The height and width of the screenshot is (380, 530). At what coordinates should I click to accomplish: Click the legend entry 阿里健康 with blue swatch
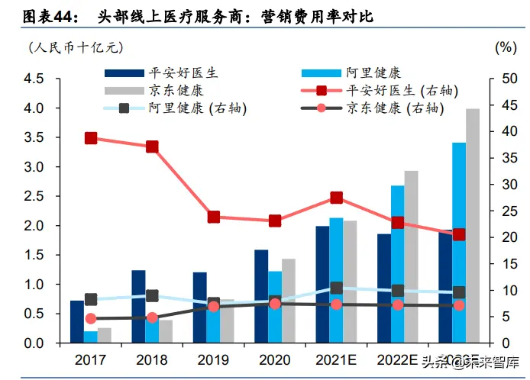click(372, 73)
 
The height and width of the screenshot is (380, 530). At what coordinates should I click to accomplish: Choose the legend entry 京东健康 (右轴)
click(393, 108)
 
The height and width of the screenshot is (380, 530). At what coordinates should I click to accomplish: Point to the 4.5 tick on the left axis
click(34, 79)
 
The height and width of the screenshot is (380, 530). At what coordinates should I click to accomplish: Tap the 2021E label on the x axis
click(336, 359)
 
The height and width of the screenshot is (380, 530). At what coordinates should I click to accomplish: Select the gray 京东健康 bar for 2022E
click(412, 256)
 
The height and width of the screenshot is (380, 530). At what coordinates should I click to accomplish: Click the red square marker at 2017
click(91, 138)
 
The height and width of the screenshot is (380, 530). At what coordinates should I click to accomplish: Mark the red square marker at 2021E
click(336, 198)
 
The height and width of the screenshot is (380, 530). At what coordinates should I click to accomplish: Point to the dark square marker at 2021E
click(336, 288)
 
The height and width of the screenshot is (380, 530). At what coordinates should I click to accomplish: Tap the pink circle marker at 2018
click(152, 317)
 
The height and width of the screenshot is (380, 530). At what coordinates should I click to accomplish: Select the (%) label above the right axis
click(506, 47)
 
